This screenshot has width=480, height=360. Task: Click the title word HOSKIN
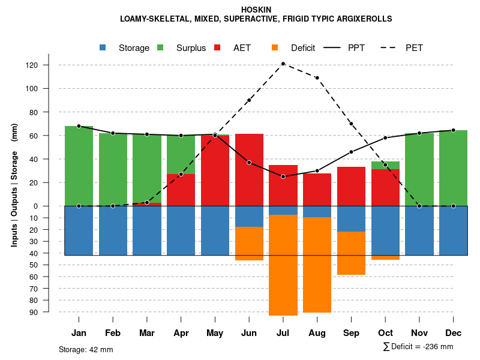point(256,10)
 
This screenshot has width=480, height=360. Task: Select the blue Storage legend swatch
point(103,47)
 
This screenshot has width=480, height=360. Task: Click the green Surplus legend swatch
point(160,47)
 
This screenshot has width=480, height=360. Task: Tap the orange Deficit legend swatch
point(275,47)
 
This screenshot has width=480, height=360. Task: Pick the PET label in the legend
point(414,48)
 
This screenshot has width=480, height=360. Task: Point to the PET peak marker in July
point(283,64)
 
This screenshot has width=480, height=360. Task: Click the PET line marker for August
point(317,78)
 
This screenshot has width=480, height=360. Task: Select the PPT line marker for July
point(283,176)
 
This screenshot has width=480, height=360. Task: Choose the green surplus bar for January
point(79,166)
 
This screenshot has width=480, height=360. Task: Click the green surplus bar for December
point(453,168)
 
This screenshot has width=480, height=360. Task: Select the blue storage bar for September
point(351,218)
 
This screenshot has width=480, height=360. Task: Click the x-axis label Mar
point(147,333)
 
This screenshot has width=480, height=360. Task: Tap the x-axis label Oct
point(385,333)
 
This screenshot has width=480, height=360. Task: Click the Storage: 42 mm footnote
point(86,349)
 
